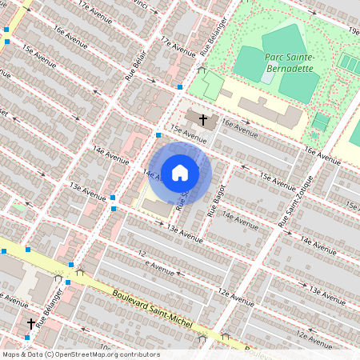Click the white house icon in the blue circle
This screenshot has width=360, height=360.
pyautogui.click(x=180, y=172)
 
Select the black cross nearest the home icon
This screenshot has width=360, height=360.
pyautogui.click(x=203, y=120)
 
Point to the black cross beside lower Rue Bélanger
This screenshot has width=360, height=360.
pyautogui.click(x=31, y=324)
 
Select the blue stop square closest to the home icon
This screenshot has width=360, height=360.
pyautogui.click(x=158, y=135)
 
